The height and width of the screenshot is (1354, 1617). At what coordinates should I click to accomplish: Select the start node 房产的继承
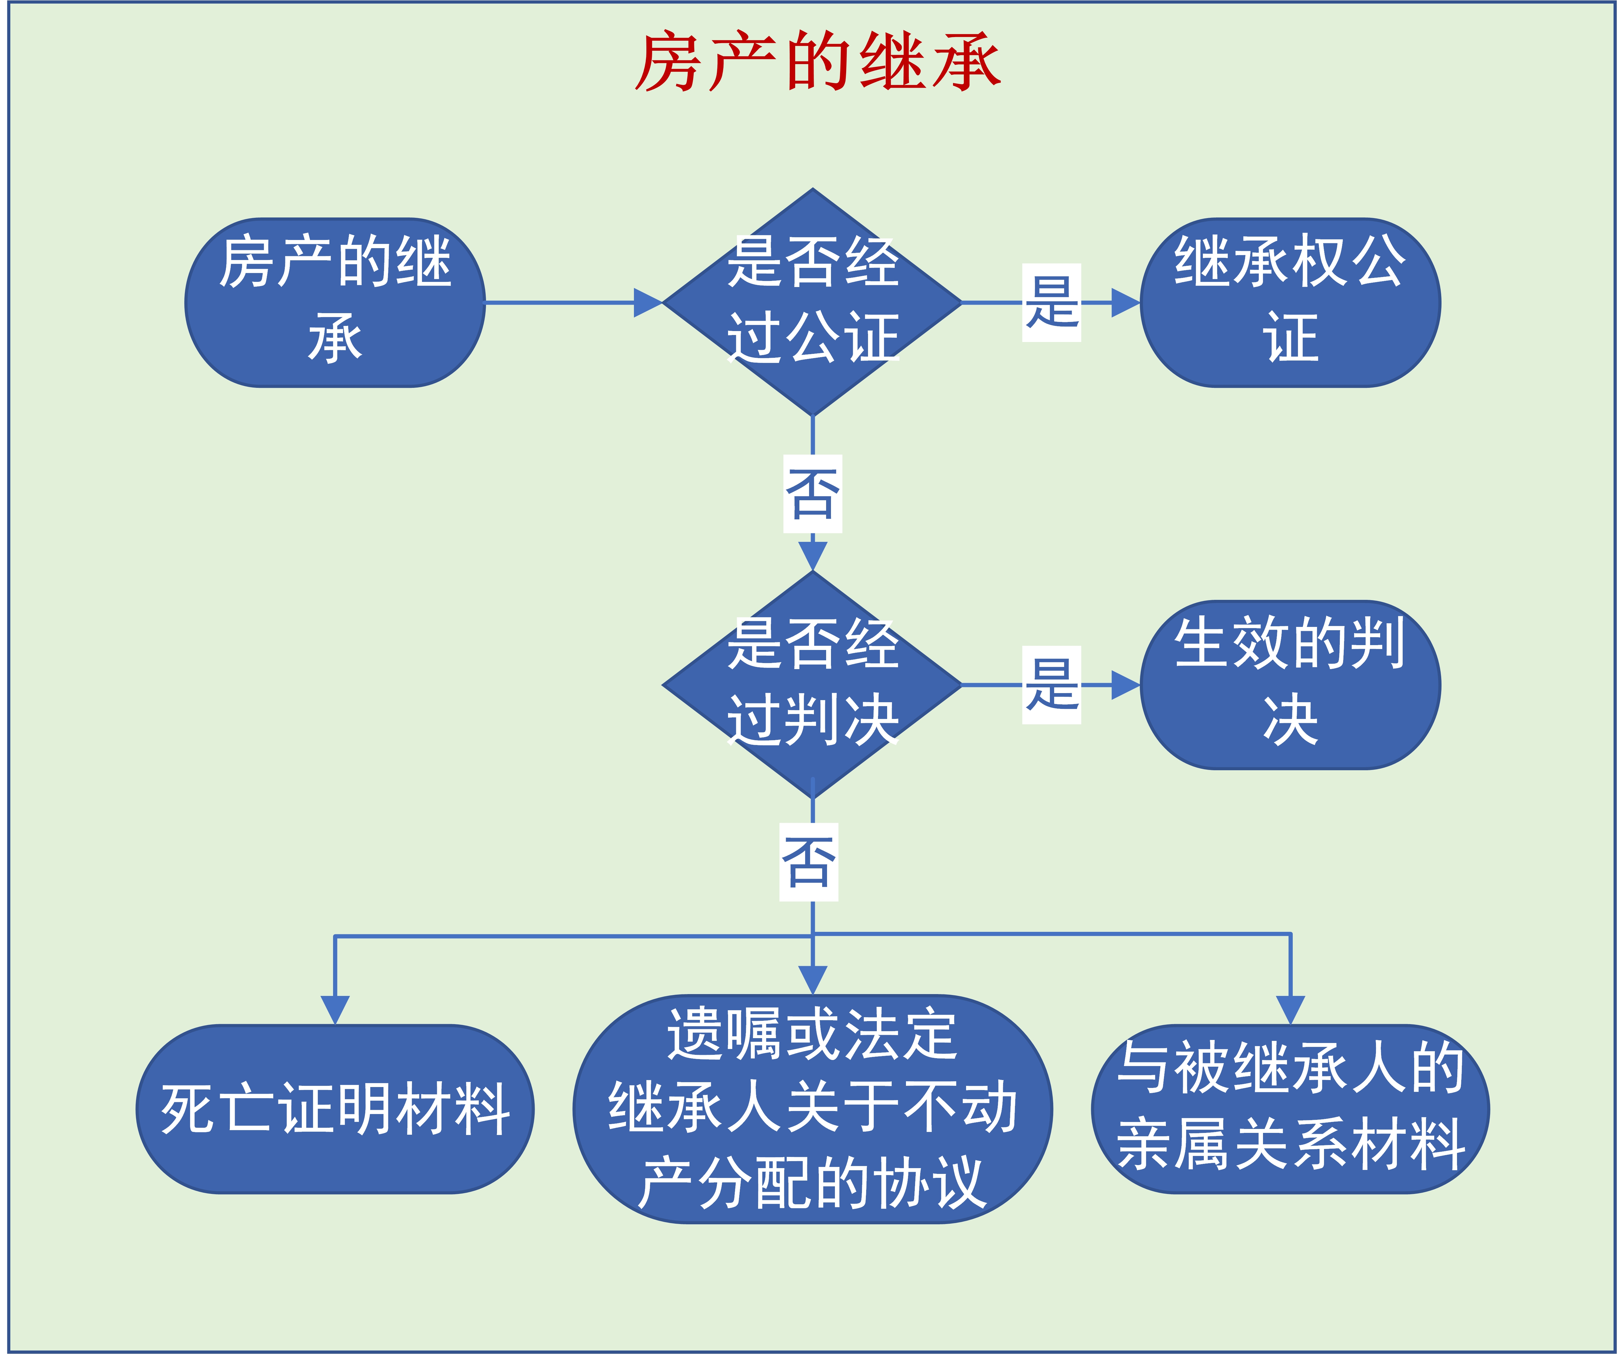click(335, 303)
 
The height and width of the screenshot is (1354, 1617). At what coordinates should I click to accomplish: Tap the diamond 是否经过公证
click(812, 303)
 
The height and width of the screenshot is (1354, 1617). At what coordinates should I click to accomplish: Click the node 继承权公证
click(1290, 303)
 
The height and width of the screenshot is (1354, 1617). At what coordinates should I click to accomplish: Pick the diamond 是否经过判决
click(812, 685)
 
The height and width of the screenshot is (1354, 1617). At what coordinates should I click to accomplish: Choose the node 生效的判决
click(1290, 685)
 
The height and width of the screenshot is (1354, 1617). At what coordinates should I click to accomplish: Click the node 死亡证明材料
click(335, 1109)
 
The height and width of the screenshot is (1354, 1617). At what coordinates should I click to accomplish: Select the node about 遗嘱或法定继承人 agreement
click(812, 1109)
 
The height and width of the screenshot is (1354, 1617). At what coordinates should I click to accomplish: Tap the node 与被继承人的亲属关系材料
click(1290, 1109)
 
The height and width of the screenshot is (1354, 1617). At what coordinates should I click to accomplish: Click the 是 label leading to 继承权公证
click(1051, 303)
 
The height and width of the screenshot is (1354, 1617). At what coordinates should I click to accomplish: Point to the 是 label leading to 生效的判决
click(1051, 685)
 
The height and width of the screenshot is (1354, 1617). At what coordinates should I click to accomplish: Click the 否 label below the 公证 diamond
click(812, 494)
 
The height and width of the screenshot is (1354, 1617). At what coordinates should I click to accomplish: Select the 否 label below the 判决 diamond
click(808, 862)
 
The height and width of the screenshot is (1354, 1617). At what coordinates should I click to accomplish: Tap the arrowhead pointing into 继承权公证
click(1126, 303)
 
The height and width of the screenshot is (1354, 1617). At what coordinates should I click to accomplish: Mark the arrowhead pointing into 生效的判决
click(1126, 685)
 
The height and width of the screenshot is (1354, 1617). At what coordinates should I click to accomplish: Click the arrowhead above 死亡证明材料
click(335, 1010)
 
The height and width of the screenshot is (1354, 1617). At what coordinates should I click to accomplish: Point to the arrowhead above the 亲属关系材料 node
click(1290, 1010)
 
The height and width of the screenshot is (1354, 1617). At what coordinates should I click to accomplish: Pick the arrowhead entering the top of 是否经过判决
click(812, 555)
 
